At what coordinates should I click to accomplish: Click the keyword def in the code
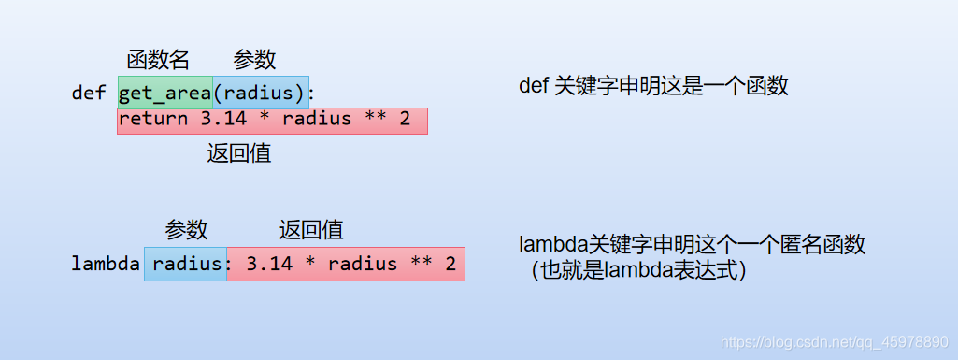click(x=89, y=94)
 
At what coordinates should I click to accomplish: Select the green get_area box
click(x=164, y=94)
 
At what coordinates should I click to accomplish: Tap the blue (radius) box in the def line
click(x=261, y=94)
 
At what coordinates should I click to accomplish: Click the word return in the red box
click(x=153, y=120)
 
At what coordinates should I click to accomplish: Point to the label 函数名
click(x=158, y=60)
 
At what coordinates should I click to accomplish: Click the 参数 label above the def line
click(x=254, y=60)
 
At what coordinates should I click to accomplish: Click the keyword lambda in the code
click(x=106, y=265)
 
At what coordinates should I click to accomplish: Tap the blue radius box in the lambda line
click(x=186, y=265)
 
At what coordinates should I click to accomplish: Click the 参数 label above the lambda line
click(x=187, y=230)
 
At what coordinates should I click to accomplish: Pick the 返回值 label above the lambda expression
click(x=311, y=230)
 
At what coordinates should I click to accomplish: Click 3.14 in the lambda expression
click(x=270, y=265)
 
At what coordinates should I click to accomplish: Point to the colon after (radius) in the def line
click(x=312, y=94)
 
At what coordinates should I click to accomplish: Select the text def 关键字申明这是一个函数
click(x=653, y=87)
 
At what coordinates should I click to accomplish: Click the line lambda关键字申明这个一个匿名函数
click(x=692, y=246)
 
